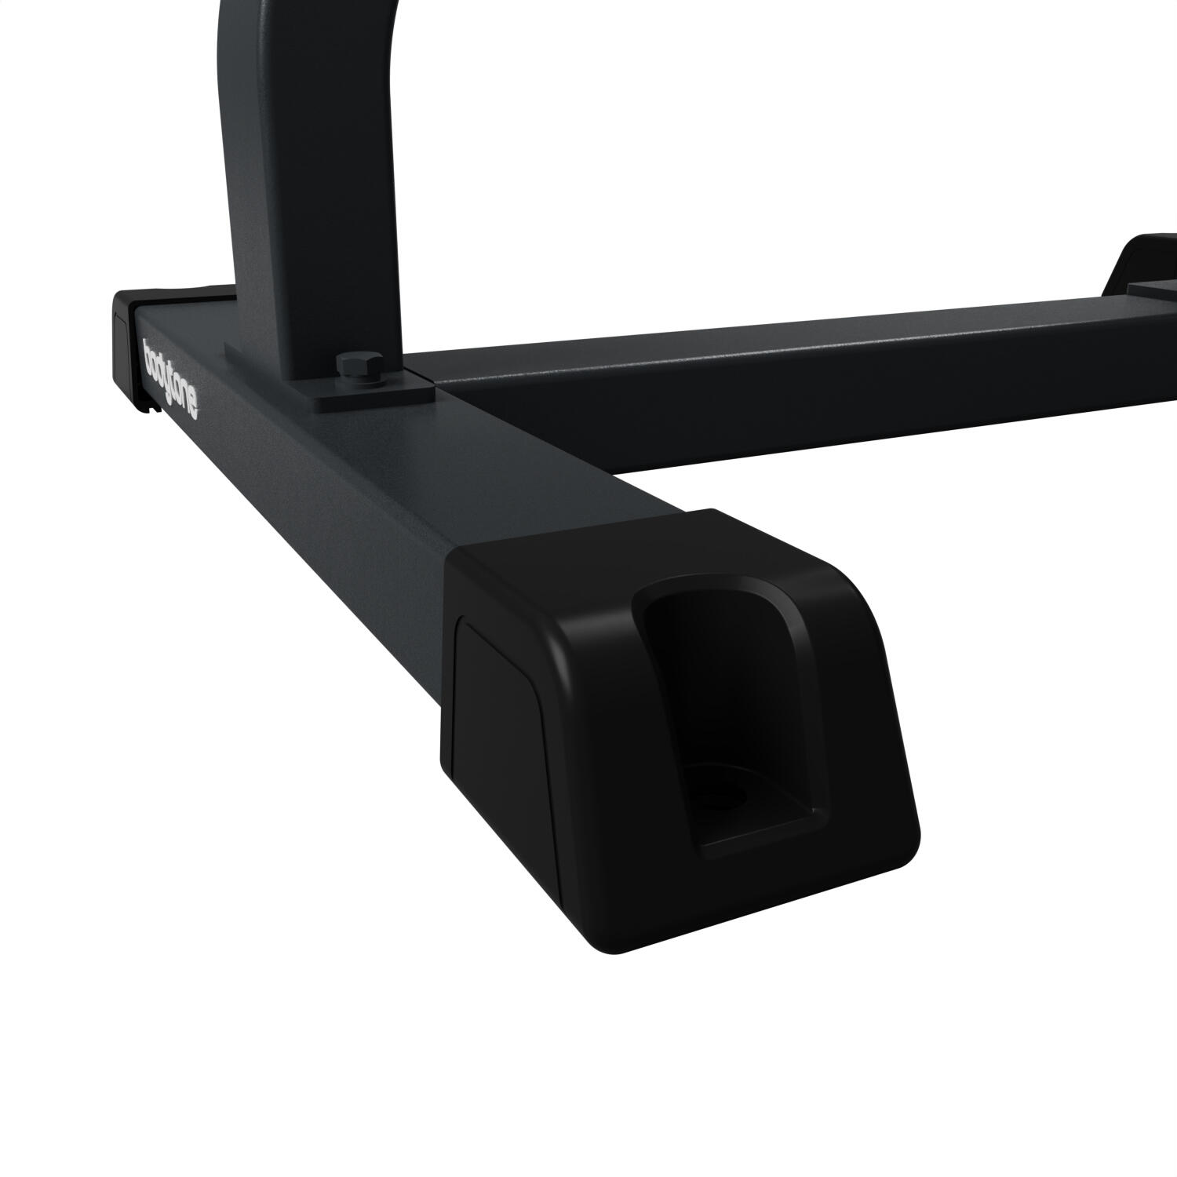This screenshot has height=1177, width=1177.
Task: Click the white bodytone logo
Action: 171,377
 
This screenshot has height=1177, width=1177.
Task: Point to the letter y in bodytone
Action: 167,373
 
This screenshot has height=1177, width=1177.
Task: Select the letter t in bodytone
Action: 175,382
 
